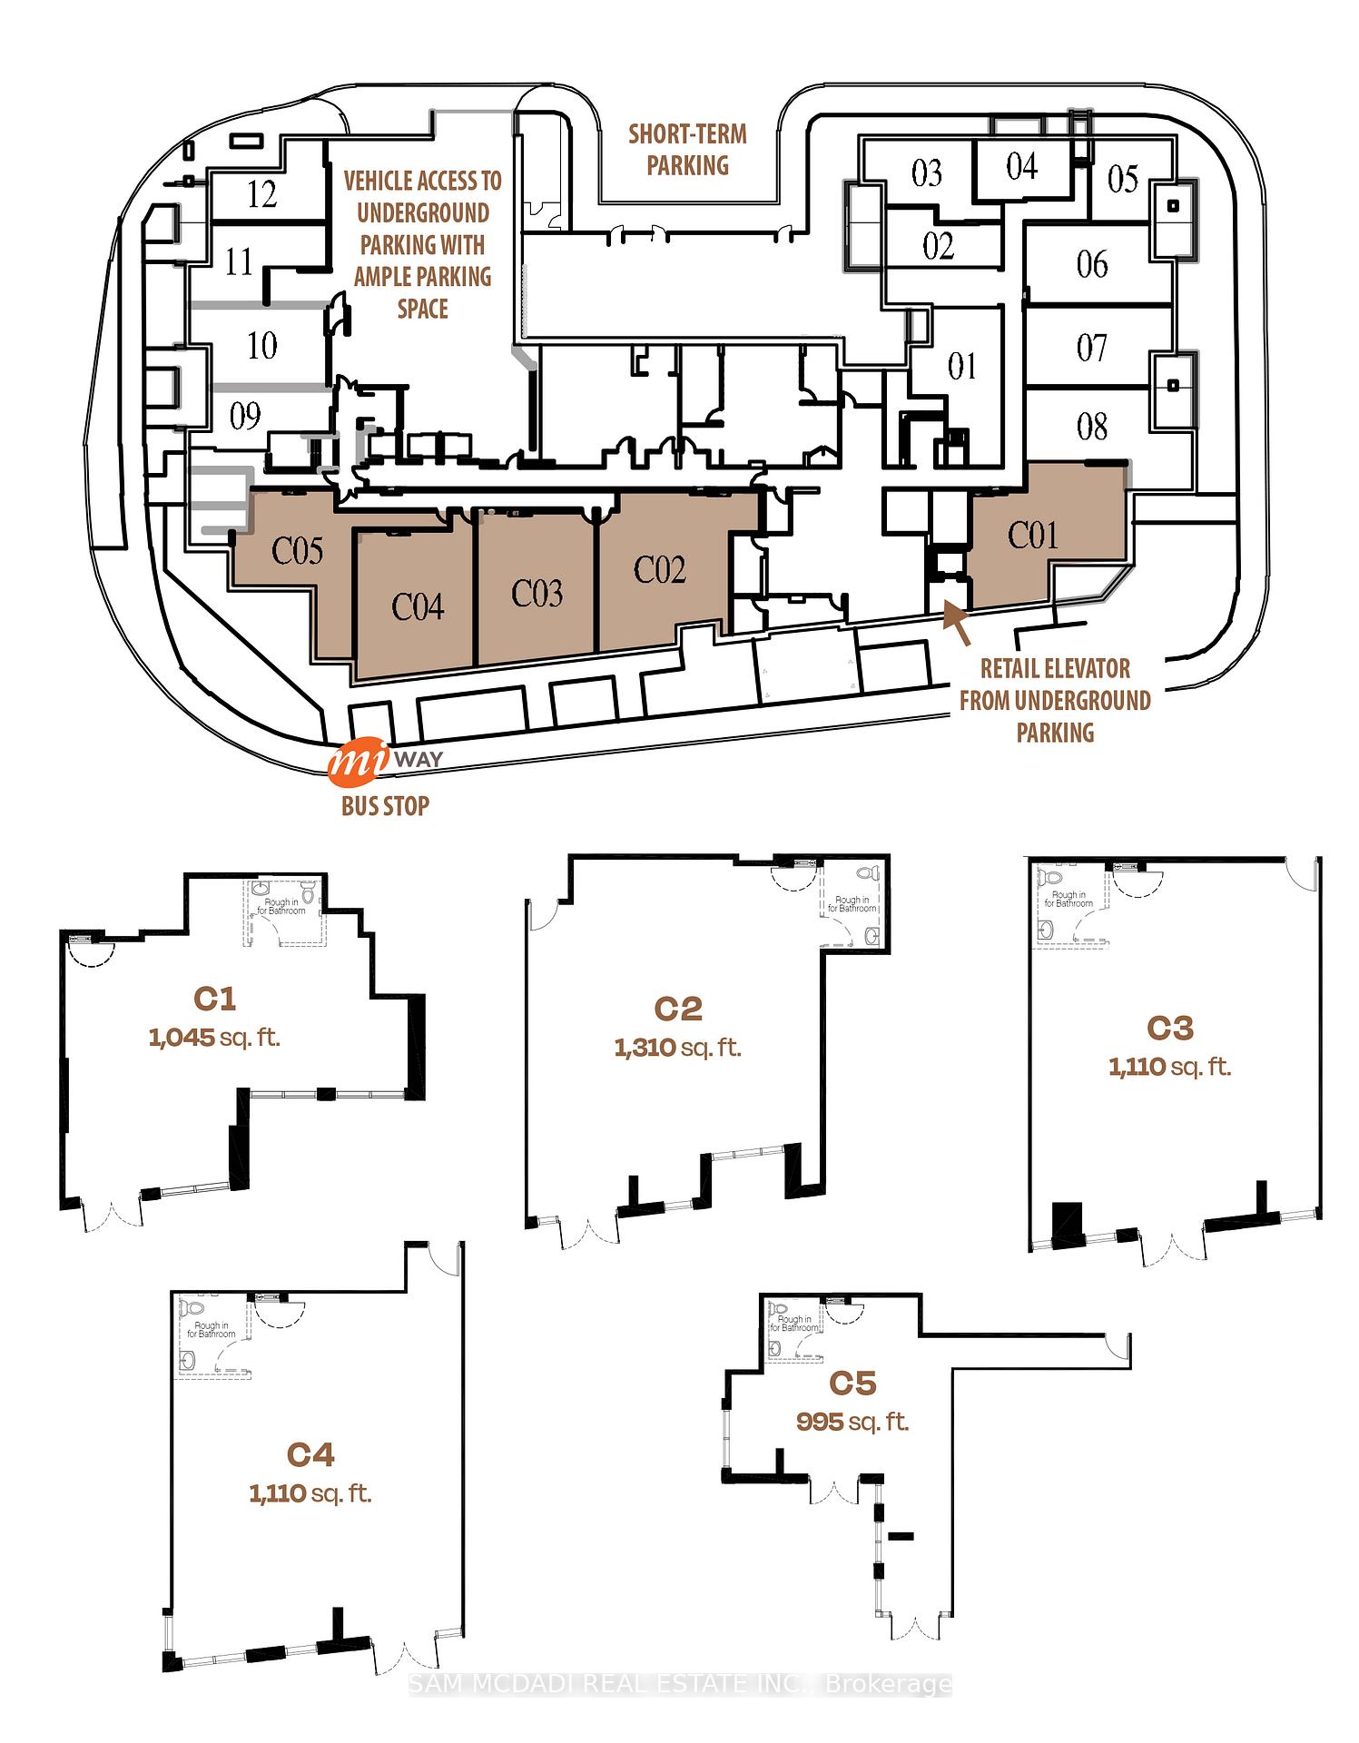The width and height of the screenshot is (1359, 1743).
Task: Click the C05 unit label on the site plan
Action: click(298, 550)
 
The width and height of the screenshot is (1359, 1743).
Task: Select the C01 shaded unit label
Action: click(1033, 535)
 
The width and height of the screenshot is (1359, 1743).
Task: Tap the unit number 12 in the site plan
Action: click(261, 194)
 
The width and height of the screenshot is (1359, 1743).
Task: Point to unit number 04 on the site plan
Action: click(1021, 166)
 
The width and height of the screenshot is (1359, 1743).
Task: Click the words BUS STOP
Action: click(385, 805)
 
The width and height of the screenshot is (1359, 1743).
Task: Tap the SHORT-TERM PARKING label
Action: click(688, 150)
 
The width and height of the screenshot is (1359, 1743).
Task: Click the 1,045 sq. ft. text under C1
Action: click(214, 1037)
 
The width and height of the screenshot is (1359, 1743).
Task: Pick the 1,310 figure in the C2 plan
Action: click(645, 1048)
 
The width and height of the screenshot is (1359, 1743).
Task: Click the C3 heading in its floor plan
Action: click(1169, 1028)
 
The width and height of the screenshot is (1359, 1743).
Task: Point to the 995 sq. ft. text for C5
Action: click(852, 1421)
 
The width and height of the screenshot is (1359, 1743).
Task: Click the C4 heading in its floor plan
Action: click(310, 1454)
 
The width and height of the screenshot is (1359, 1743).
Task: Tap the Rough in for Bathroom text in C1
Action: click(281, 905)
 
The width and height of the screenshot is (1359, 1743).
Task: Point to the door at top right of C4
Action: click(443, 1256)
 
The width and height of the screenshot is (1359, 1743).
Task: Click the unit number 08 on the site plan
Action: click(1092, 426)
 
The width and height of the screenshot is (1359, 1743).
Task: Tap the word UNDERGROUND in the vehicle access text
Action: click(423, 213)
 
